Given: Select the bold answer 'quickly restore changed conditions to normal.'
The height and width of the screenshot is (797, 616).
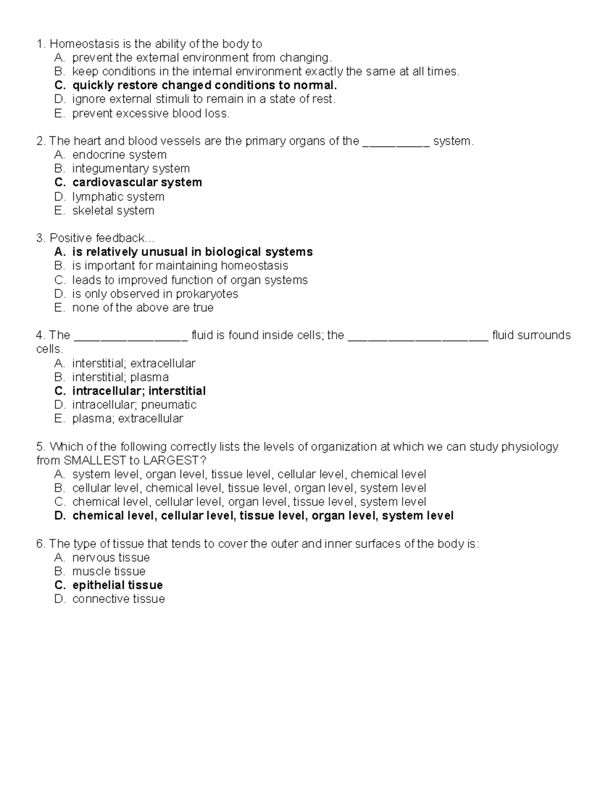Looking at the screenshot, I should [204, 85].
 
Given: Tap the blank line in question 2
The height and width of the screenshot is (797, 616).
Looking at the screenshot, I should [396, 142].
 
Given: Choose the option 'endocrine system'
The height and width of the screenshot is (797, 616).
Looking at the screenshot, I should [119, 155].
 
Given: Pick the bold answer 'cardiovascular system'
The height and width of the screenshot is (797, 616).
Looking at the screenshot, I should [137, 183].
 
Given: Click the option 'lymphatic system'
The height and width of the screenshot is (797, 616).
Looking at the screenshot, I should [118, 197].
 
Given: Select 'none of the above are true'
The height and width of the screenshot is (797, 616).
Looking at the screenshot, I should [143, 308].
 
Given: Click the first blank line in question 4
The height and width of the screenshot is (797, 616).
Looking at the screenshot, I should [131, 336].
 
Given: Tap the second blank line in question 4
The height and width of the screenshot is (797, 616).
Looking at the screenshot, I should [418, 336].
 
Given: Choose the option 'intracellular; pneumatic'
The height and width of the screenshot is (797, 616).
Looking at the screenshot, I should [134, 405].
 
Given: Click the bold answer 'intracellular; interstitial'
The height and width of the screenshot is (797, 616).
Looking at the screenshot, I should [139, 391].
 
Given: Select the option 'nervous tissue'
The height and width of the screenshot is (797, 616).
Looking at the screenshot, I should [111, 558].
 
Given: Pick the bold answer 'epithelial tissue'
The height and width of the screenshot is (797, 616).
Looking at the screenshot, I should [118, 586].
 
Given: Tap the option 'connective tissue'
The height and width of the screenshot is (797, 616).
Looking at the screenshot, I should [119, 599].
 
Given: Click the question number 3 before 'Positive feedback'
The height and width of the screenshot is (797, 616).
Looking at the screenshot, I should [40, 238].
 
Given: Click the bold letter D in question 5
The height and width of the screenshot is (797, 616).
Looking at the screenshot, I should [59, 516].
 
